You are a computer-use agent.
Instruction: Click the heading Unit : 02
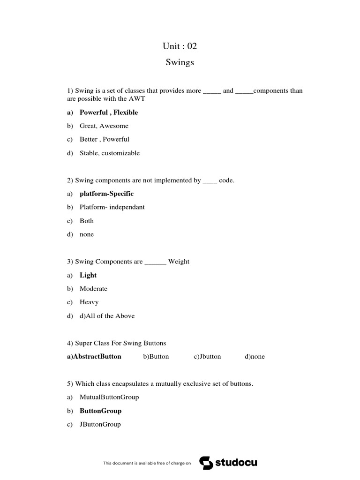tap(180, 46)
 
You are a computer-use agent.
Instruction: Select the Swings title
tap(180, 62)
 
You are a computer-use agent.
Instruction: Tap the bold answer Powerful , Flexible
tap(109, 112)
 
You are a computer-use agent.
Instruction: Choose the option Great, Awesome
tap(104, 126)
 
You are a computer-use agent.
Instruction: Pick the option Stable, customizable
tap(110, 153)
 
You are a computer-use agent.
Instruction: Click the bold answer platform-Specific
tap(106, 194)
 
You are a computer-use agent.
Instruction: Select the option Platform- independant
tap(112, 207)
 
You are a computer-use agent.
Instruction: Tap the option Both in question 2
tap(87, 221)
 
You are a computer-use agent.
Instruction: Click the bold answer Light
tap(88, 275)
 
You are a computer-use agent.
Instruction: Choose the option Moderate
tap(93, 289)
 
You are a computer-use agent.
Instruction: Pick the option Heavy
tap(89, 302)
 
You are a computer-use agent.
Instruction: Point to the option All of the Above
tap(110, 316)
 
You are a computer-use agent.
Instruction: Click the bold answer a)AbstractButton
tap(94, 357)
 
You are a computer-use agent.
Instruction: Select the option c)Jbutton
tap(207, 357)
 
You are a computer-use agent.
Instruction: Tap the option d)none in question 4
tap(255, 357)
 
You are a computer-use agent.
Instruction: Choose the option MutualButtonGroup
tap(109, 397)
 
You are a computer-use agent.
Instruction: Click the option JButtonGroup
tap(100, 425)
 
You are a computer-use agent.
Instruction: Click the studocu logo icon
tap(206, 463)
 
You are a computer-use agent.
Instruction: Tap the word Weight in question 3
tap(179, 262)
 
